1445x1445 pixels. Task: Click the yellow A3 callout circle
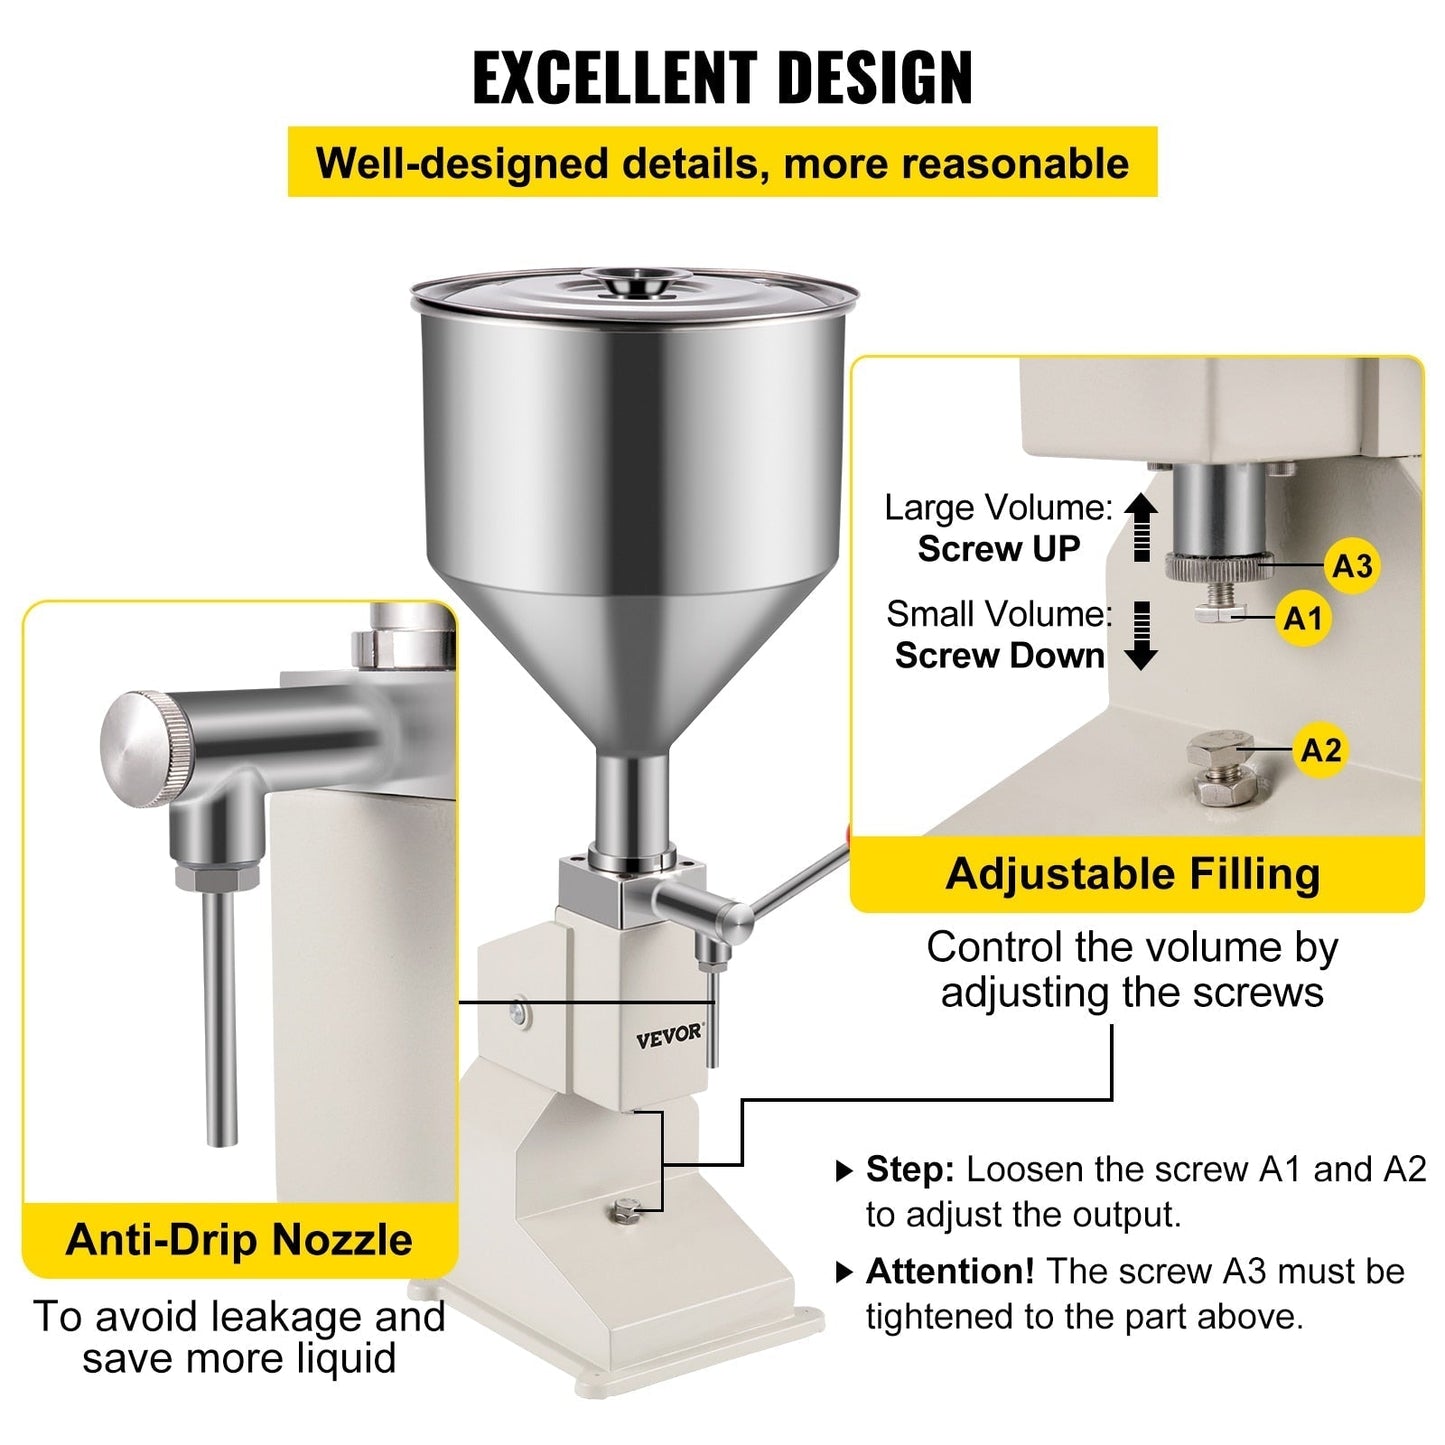(x=1352, y=566)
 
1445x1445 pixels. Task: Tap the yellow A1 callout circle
(x=1302, y=619)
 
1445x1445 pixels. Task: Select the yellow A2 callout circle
(x=1320, y=750)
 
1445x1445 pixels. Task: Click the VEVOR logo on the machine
(x=669, y=1035)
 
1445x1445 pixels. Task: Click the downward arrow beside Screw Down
(x=1141, y=636)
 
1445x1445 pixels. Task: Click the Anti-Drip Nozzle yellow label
(x=239, y=1240)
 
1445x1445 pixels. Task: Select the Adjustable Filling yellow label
(x=1133, y=874)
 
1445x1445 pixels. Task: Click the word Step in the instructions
(x=910, y=1169)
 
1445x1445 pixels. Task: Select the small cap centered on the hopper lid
(x=634, y=282)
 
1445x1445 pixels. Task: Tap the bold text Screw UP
(x=999, y=549)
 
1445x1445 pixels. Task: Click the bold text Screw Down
(x=999, y=656)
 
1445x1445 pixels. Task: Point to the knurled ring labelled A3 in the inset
(x=1218, y=566)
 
